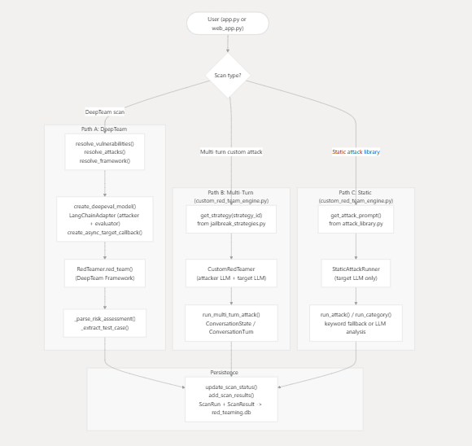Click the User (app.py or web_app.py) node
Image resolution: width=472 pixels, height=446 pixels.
pos(227,24)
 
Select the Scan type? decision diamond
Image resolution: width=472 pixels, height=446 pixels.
pos(228,76)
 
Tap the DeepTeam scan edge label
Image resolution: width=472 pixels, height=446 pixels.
pos(105,112)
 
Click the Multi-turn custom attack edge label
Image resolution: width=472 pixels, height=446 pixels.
pos(231,151)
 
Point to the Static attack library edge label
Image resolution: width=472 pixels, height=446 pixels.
pos(356,151)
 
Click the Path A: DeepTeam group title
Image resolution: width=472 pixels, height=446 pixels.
pos(104,129)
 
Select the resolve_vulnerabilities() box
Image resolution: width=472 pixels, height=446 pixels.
pos(104,152)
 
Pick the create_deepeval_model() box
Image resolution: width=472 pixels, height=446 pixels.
pos(104,219)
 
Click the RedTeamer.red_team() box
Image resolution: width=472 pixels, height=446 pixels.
pos(104,273)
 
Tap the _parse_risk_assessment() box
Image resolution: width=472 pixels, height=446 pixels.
pos(104,323)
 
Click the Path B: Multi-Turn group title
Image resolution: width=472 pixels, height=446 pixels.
pos(230,196)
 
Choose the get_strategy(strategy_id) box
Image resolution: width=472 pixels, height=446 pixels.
pos(231,219)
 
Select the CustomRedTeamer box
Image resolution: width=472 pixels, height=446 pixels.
pos(231,273)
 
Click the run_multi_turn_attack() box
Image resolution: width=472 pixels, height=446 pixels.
pos(231,323)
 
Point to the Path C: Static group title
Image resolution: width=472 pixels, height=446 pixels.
pos(356,196)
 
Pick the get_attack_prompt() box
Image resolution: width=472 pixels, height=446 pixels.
pos(356,219)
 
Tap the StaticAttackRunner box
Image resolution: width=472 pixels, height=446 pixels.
pos(356,273)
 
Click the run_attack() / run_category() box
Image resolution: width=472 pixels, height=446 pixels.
pos(356,323)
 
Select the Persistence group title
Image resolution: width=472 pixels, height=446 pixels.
pos(225,373)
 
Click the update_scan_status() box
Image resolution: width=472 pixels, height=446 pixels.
pos(231,399)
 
